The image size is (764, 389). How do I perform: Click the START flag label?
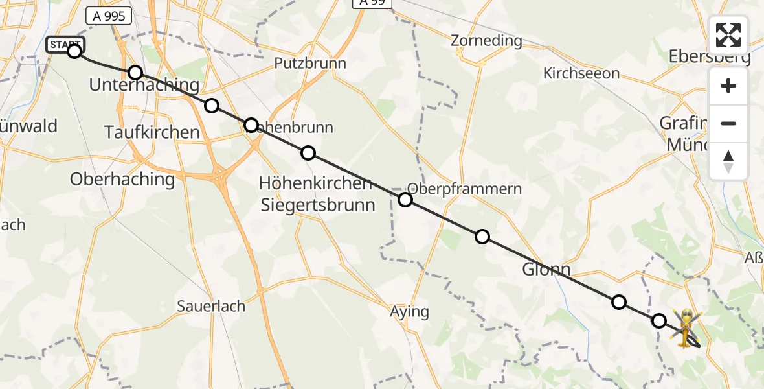pyautogui.click(x=65, y=45)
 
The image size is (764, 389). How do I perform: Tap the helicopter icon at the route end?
pyautogui.click(x=685, y=326)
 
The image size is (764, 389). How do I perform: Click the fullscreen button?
pyautogui.click(x=728, y=35)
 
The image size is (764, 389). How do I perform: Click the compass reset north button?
pyautogui.click(x=728, y=161)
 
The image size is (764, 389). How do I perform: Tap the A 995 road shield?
pyautogui.click(x=108, y=16)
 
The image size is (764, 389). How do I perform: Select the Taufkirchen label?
pyautogui.click(x=152, y=133)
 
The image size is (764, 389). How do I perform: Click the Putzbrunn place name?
pyautogui.click(x=309, y=64)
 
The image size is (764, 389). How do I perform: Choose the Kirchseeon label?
pyautogui.click(x=581, y=74)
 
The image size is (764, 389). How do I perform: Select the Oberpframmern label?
pyautogui.click(x=464, y=189)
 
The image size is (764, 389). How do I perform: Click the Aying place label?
pyautogui.click(x=409, y=312)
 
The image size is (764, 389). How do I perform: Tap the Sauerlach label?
pyautogui.click(x=211, y=307)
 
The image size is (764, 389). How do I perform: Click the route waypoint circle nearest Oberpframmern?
pyautogui.click(x=405, y=200)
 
